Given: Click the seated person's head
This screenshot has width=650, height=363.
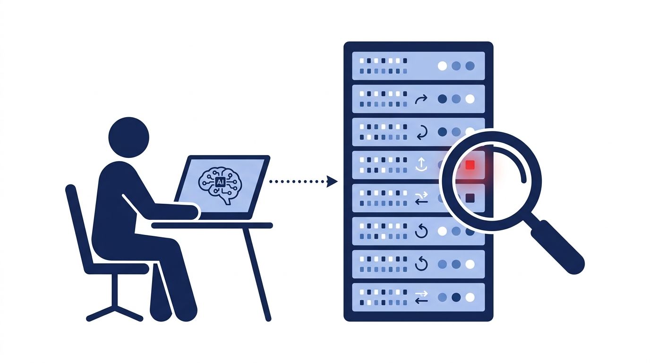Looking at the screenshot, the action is (x=129, y=138).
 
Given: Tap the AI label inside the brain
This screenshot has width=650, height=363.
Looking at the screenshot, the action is (x=220, y=182).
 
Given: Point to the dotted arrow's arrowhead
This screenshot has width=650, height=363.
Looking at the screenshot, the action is (x=332, y=181).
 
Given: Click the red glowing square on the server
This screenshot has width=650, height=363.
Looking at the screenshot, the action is (x=470, y=165).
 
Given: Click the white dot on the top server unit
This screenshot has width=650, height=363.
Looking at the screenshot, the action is (x=442, y=66).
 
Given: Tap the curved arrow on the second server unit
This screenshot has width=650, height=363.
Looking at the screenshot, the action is (x=421, y=99).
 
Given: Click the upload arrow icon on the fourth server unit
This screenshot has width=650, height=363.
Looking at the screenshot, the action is (x=421, y=164).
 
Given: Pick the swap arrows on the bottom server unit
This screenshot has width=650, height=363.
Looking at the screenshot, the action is (x=421, y=297).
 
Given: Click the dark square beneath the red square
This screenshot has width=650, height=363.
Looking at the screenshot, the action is (x=470, y=198).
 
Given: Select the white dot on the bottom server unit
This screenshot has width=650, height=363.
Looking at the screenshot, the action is (x=470, y=297).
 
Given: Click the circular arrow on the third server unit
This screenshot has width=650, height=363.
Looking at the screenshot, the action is (x=422, y=132).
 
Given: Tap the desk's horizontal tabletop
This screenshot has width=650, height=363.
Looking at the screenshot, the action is (x=212, y=225).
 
